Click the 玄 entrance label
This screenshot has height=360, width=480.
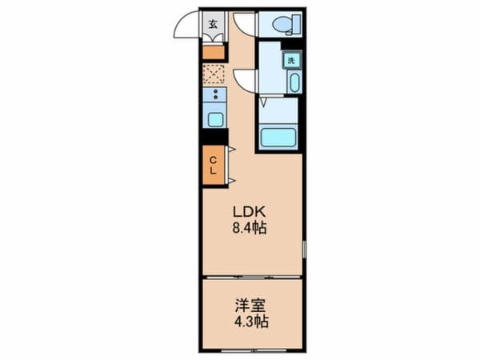pos(214,24)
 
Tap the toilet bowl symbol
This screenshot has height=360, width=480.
pos(286,24)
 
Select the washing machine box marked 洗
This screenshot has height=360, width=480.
pos(292,60)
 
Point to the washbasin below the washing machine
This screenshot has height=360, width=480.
pos(294,82)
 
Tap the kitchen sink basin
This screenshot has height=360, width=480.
pos(215,120)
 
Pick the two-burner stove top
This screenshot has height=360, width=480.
pos(215,94)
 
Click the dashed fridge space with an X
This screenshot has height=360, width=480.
pos(214,74)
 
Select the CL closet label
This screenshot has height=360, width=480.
pos(213,166)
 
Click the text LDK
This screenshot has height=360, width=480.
pos(249,211)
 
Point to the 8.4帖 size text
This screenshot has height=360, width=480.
pos(249,228)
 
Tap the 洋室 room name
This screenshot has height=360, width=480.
pos(250,306)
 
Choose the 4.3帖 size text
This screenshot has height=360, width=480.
pos(251,322)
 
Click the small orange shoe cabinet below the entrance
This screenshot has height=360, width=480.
pos(214,53)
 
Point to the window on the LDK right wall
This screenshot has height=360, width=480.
pos(304,249)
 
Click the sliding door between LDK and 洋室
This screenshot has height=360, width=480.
pos(253,278)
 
